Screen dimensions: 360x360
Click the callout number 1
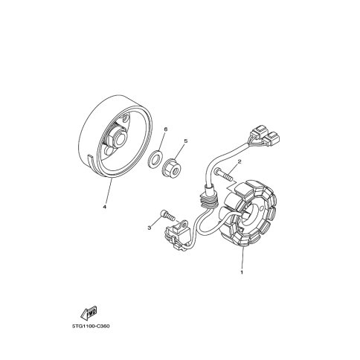coord(242,272)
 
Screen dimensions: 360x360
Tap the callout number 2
coord(240,161)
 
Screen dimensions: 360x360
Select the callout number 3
coord(149,228)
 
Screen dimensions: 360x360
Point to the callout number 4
coord(104,207)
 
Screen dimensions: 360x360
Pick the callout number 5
coord(186,141)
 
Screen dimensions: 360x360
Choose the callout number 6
coord(166,129)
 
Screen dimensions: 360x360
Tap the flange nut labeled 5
coord(172,169)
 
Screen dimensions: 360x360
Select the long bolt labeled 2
coord(223,175)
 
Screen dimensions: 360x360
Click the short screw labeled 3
coord(168,215)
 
